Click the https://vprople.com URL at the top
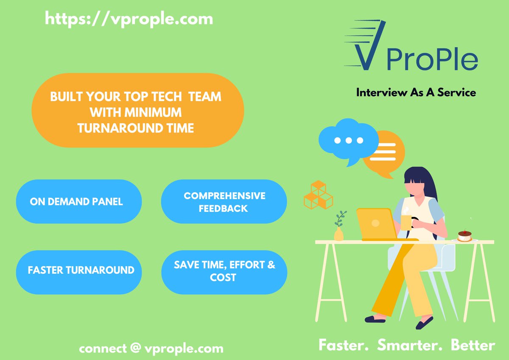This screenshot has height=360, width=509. coord(129,19)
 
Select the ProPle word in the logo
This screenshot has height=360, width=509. coord(432,61)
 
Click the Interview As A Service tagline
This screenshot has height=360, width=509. coord(416,92)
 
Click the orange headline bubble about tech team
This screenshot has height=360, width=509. coord(137,110)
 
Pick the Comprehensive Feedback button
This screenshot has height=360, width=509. coord(224,202)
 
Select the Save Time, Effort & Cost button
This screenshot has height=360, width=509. coord(224,271)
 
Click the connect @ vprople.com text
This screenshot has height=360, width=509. coord(151,349)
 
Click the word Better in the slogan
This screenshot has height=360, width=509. coord(473,345)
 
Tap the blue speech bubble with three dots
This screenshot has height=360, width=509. coord(348,140)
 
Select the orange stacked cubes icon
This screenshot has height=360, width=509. coord(318,195)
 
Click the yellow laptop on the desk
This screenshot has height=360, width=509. coord(376,224)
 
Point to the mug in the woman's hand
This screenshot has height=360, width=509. coord(406,222)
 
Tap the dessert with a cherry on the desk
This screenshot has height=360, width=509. coord(465,236)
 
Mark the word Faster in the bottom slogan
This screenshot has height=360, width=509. coord(344,345)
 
